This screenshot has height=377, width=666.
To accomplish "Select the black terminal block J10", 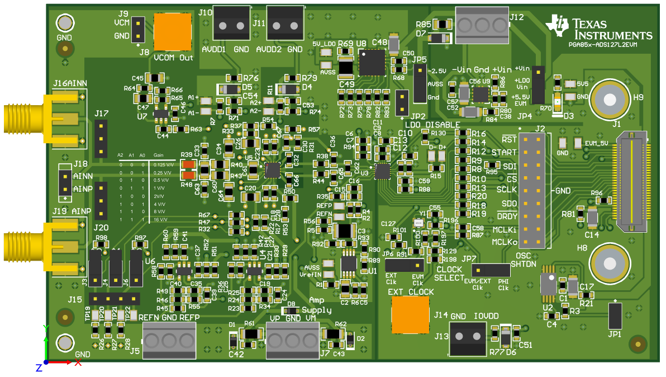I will pyautogui.click(x=232, y=23).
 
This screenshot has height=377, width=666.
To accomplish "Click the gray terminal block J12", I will pyautogui.click(x=482, y=25).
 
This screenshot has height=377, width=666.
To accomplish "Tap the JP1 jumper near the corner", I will pyautogui.click(x=615, y=315).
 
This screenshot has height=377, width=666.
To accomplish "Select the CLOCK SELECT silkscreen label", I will pyautogui.click(x=449, y=274).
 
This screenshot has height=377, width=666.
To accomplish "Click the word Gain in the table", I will pyautogui.click(x=159, y=155).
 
